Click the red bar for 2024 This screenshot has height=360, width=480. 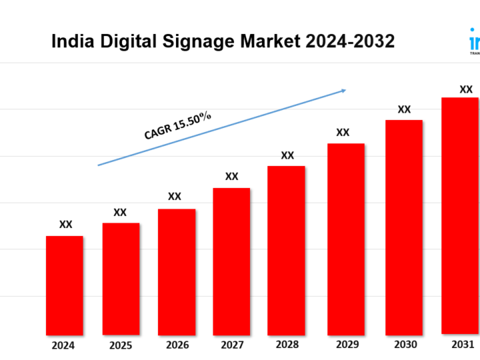click(65, 285)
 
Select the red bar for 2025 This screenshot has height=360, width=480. click(121, 279)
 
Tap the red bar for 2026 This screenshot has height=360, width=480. click(177, 271)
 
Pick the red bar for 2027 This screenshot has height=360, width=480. click(231, 261)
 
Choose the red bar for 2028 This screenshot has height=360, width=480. click(287, 250)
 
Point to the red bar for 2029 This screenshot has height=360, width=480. click(345, 239)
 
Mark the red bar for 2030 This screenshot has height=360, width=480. click(404, 227)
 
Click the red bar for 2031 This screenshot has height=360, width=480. click(460, 215)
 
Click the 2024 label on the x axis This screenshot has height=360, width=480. click(65, 345)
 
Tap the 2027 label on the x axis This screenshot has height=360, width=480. click(232, 345)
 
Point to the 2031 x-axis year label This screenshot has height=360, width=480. click(462, 345)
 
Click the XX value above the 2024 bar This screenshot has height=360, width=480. click(65, 225)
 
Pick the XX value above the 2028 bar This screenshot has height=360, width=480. click(287, 155)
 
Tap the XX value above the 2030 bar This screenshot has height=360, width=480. click(404, 109)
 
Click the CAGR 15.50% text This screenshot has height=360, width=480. click(177, 125)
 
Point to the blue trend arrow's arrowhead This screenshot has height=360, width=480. click(343, 90)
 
